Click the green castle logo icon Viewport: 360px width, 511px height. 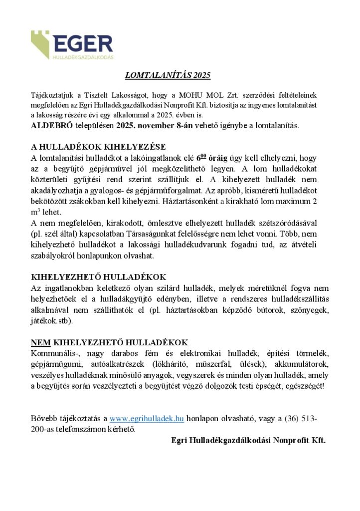pyautogui.click(x=40, y=43)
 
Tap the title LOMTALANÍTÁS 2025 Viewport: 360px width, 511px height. pyautogui.click(x=168, y=75)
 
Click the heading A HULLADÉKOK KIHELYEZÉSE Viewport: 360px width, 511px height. pyautogui.click(x=98, y=147)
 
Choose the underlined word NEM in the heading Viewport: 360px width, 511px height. pyautogui.click(x=38, y=342)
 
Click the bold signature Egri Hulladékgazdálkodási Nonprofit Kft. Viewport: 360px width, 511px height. pyautogui.click(x=248, y=440)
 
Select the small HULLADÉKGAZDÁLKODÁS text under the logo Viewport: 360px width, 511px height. pyautogui.click(x=83, y=57)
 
